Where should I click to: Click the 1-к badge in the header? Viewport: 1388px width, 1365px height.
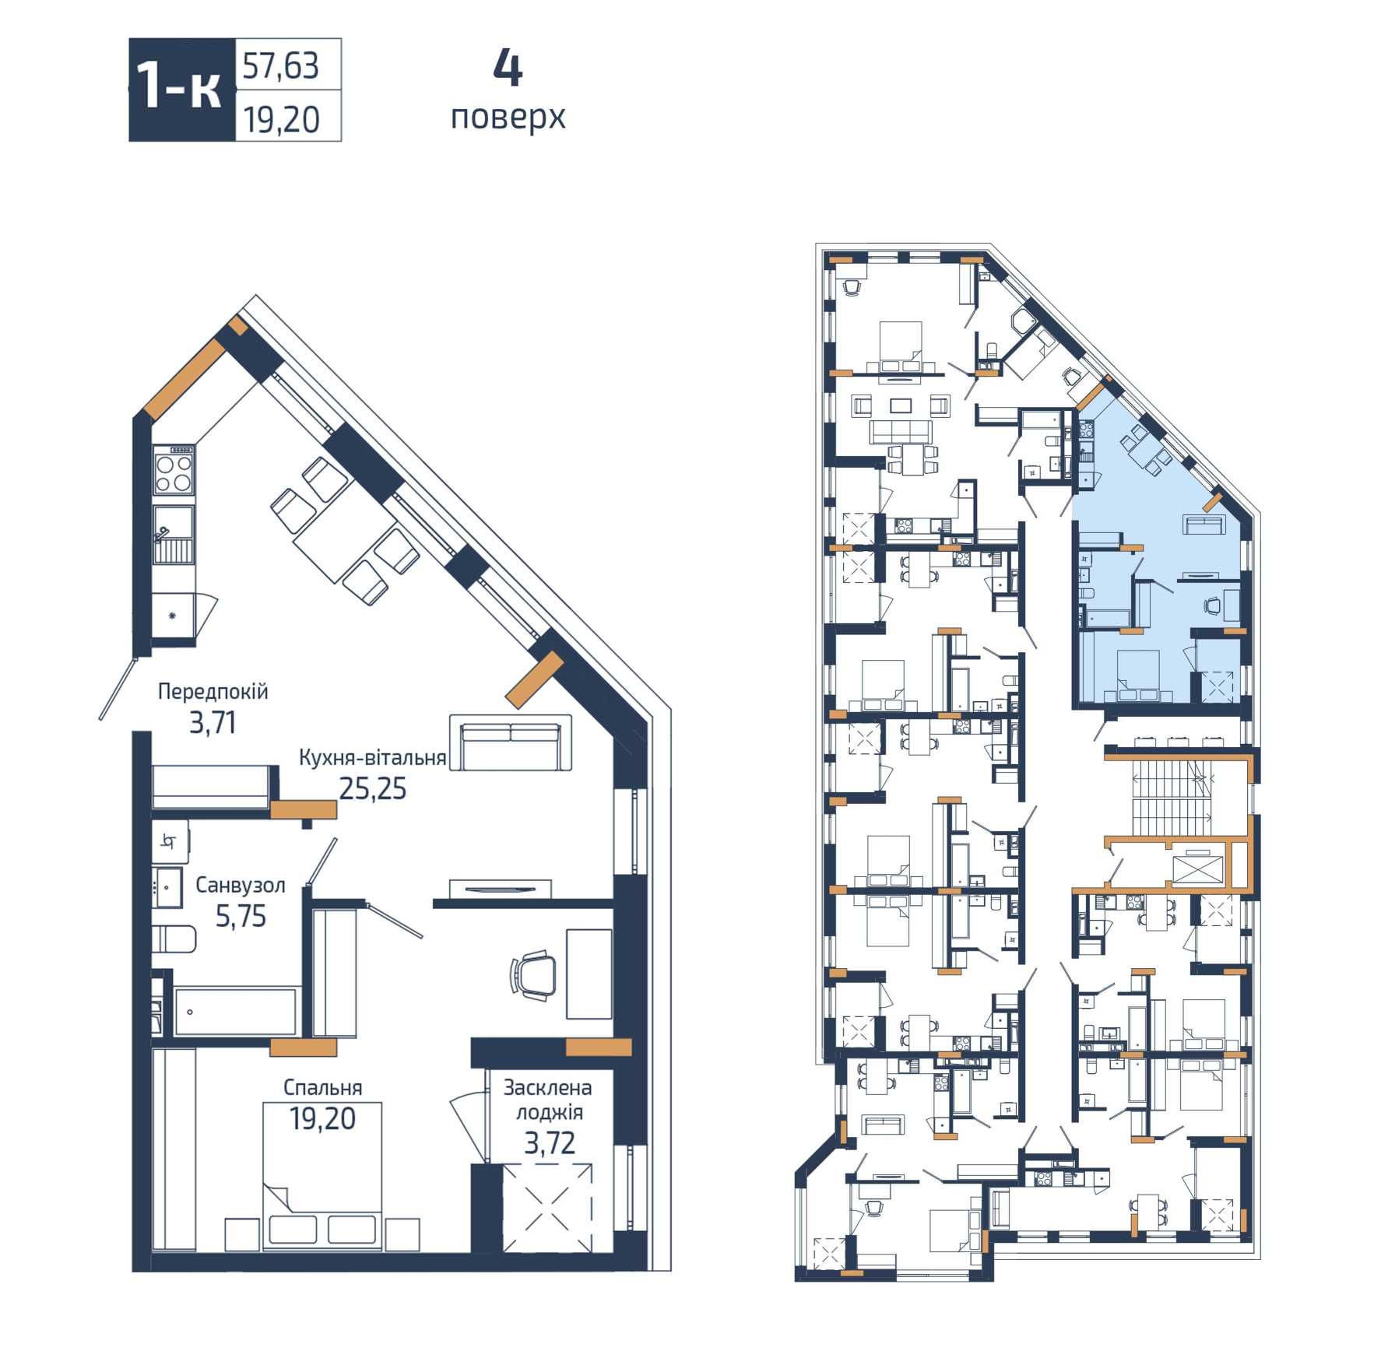(x=182, y=90)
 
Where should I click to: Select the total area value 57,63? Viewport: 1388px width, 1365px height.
(x=281, y=66)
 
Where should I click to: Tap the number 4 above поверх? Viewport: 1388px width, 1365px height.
(x=508, y=70)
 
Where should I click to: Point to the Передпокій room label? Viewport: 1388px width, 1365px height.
(x=213, y=691)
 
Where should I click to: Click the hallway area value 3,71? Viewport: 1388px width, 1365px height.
(x=213, y=724)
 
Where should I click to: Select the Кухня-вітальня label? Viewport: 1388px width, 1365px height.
(x=372, y=757)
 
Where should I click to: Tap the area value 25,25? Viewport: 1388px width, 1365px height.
(x=373, y=789)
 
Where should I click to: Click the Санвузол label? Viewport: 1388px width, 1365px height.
(x=241, y=885)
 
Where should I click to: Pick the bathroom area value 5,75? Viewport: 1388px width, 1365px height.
(x=241, y=917)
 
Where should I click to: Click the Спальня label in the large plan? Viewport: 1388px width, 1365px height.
(x=322, y=1087)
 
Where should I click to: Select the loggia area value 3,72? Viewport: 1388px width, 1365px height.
(x=550, y=1142)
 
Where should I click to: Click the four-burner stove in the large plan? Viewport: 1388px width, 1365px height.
(x=174, y=470)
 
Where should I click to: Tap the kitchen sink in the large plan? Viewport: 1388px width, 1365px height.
(x=174, y=535)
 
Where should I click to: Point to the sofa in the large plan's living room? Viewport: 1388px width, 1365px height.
(x=511, y=742)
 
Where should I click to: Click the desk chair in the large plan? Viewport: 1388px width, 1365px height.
(x=534, y=974)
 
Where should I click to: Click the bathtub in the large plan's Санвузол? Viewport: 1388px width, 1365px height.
(x=236, y=1012)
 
